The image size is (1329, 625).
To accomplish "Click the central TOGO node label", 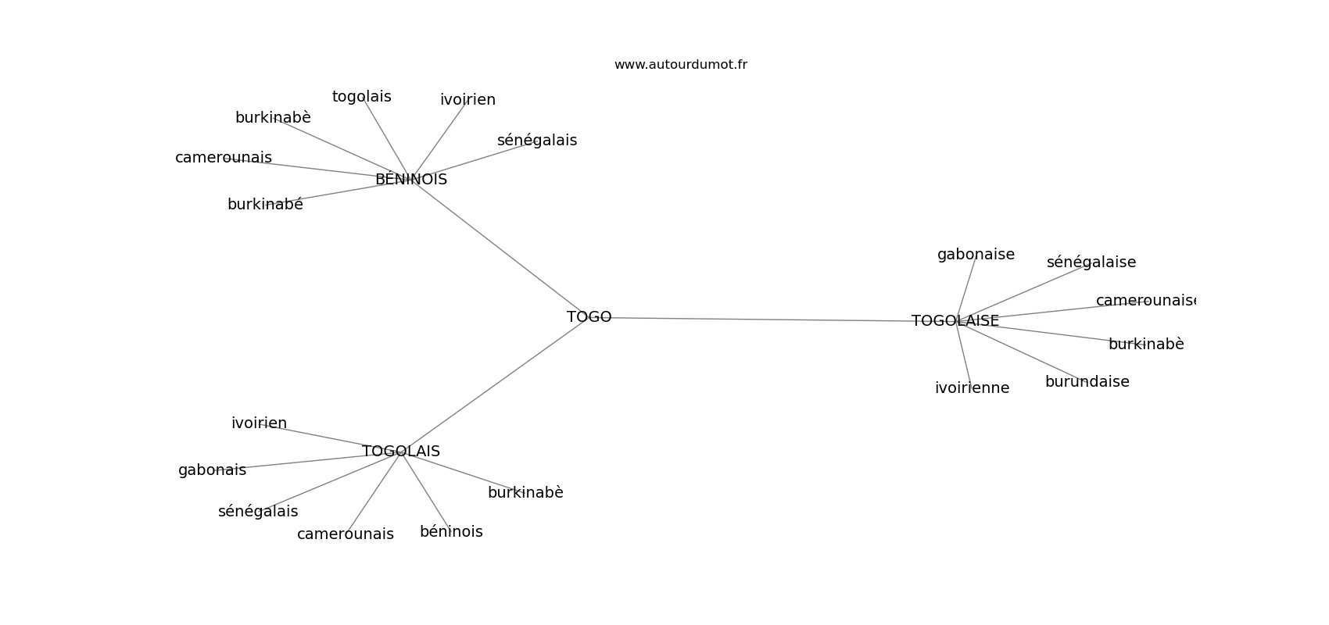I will [x=589, y=317].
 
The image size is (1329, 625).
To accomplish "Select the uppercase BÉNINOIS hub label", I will [x=410, y=180].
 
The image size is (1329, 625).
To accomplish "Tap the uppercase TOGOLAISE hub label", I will [x=955, y=321].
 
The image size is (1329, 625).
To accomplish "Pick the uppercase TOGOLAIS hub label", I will [x=400, y=452].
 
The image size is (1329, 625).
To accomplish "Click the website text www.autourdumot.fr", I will [x=680, y=65].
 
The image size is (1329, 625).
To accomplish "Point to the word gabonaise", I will [x=976, y=255].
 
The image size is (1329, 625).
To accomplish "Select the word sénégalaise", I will [x=1091, y=262].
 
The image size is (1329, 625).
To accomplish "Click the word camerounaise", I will [x=1145, y=301].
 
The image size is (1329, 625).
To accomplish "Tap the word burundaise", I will [x=1087, y=382].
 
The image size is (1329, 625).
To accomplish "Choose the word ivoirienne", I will [x=972, y=388].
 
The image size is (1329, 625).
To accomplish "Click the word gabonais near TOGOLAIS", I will [x=212, y=470].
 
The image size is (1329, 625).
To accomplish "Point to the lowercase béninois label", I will [x=451, y=532].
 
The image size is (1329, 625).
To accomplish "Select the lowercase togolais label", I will [x=361, y=97].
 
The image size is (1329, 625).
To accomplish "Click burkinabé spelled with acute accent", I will [x=265, y=205].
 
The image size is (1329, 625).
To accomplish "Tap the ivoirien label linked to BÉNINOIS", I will [x=467, y=100].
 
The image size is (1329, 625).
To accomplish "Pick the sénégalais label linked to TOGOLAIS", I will [x=258, y=512].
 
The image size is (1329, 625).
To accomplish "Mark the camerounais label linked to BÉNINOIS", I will [x=224, y=158].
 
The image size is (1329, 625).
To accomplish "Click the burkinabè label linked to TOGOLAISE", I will [x=1145, y=345].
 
